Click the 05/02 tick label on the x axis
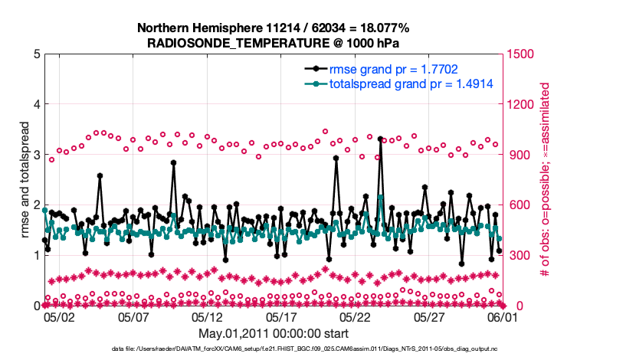click(58, 316)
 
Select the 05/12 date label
click(207, 316)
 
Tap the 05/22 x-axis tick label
click(355, 316)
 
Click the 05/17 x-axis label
click(281, 316)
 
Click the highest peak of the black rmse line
click(380, 139)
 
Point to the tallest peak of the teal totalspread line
click(380, 198)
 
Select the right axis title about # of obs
click(546, 180)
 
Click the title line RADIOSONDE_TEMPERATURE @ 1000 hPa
click(273, 43)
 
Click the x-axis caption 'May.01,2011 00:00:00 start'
click(274, 333)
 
